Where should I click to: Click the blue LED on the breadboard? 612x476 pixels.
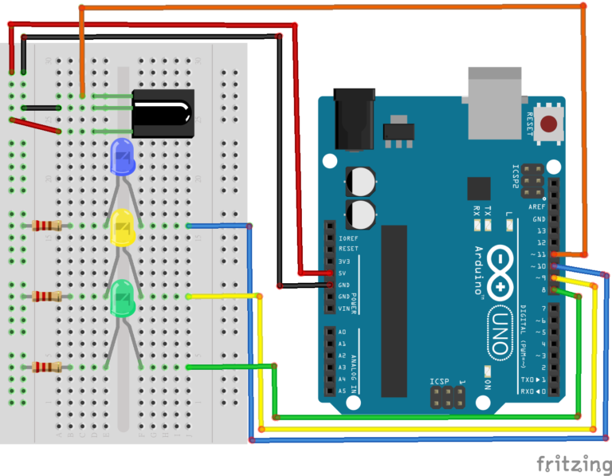coord(122,155)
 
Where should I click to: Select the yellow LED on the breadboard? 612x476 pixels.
coord(122,226)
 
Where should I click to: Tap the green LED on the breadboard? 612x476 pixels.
coord(122,297)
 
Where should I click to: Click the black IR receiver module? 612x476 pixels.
coord(163,113)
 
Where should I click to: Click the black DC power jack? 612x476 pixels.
coord(354,120)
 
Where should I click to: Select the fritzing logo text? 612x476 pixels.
coord(568,462)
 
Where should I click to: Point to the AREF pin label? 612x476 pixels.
coord(539,207)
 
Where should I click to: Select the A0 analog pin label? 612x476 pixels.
coord(343,332)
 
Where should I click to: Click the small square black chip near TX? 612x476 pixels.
coord(479,188)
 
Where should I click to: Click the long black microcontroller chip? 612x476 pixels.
coord(394,311)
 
